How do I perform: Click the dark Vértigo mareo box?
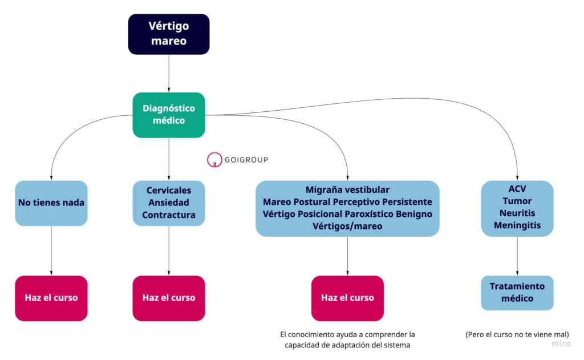[x=169, y=34]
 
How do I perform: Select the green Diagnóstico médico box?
[x=169, y=115]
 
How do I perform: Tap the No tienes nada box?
[x=51, y=203]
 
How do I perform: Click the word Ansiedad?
[x=169, y=203]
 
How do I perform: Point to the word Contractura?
[x=169, y=215]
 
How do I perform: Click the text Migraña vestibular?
[x=347, y=190]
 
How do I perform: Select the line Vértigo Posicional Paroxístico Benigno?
[x=347, y=214]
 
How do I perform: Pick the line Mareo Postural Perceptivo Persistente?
[x=347, y=202]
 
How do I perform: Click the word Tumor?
[x=517, y=201]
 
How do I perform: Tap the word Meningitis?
[x=517, y=225]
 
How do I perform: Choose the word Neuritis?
[x=517, y=213]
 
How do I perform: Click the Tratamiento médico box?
[x=517, y=293]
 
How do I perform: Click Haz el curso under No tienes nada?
[x=51, y=298]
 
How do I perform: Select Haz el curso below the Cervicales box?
[x=169, y=298]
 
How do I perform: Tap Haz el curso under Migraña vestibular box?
[x=347, y=298]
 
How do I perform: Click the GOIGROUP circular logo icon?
[x=214, y=160]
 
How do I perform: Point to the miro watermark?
[x=561, y=344]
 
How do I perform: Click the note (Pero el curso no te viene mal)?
[x=517, y=334]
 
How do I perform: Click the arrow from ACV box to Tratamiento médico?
[x=517, y=256]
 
